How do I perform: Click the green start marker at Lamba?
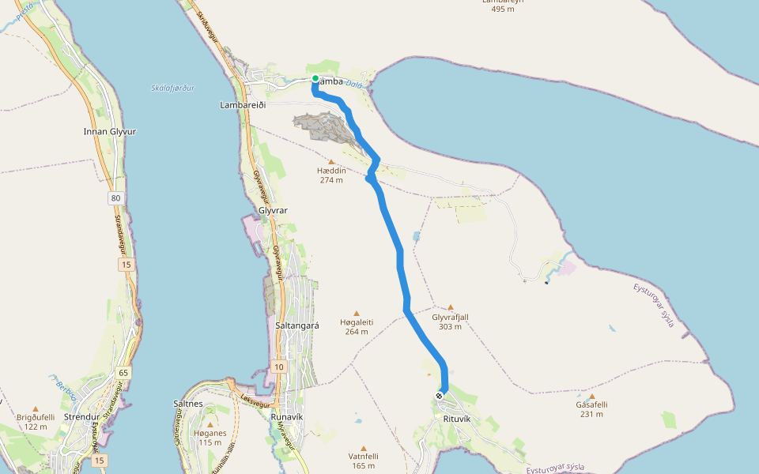click(315, 78)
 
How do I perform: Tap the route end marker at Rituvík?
click(440, 395)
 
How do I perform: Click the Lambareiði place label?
click(242, 104)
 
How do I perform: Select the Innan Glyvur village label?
click(109, 131)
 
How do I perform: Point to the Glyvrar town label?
click(273, 210)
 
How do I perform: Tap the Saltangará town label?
click(296, 325)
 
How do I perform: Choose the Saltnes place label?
click(188, 404)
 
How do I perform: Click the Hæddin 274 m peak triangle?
click(331, 162)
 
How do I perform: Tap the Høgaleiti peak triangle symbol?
click(357, 314)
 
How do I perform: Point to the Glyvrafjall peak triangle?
click(451, 308)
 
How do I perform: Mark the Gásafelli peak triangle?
click(591, 397)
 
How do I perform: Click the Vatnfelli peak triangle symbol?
click(364, 448)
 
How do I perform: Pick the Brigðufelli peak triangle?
click(36, 409)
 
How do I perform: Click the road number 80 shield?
click(117, 197)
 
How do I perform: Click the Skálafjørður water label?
click(172, 88)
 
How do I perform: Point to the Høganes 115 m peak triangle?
click(210, 424)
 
